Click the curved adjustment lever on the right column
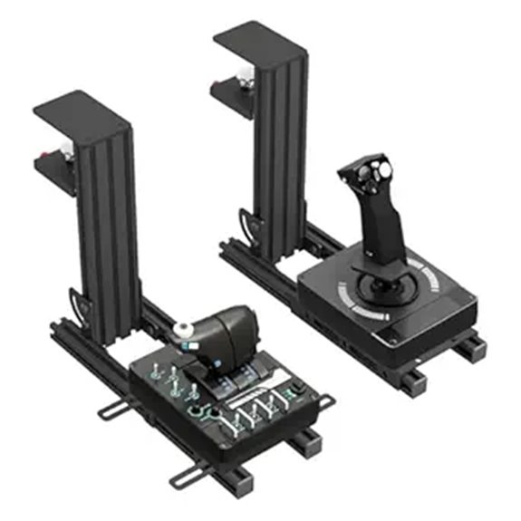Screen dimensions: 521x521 pos(247,222)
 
